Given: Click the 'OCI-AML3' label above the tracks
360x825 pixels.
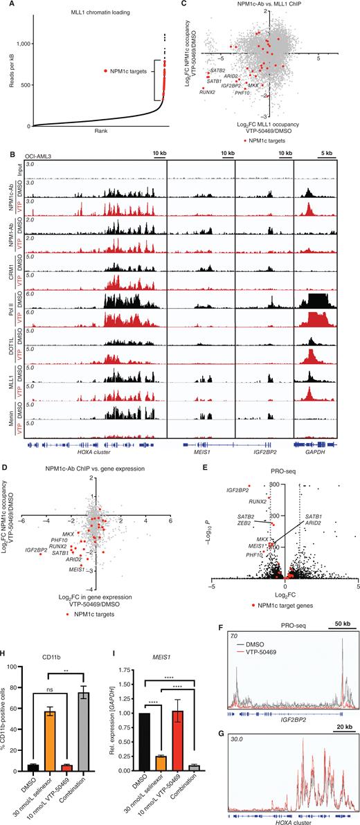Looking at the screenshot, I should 39,156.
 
